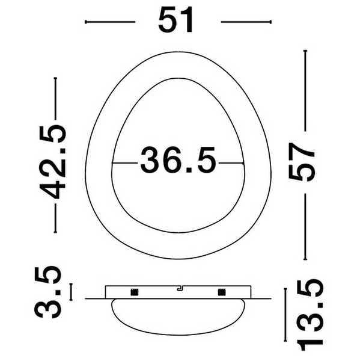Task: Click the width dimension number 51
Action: point(177,22)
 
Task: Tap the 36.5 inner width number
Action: point(178,162)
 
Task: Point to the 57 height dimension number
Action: point(304,162)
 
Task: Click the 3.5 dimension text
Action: point(48,292)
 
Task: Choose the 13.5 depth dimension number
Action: point(311,313)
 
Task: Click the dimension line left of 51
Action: point(110,22)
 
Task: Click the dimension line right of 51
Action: point(246,22)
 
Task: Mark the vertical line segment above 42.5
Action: point(55,99)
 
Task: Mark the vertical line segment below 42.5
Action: point(55,218)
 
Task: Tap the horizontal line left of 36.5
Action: point(126,162)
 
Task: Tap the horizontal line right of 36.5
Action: point(231,162)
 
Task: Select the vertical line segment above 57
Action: point(305,90)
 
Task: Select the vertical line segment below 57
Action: point(305,226)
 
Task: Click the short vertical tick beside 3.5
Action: point(72,292)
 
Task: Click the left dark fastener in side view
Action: point(133,292)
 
